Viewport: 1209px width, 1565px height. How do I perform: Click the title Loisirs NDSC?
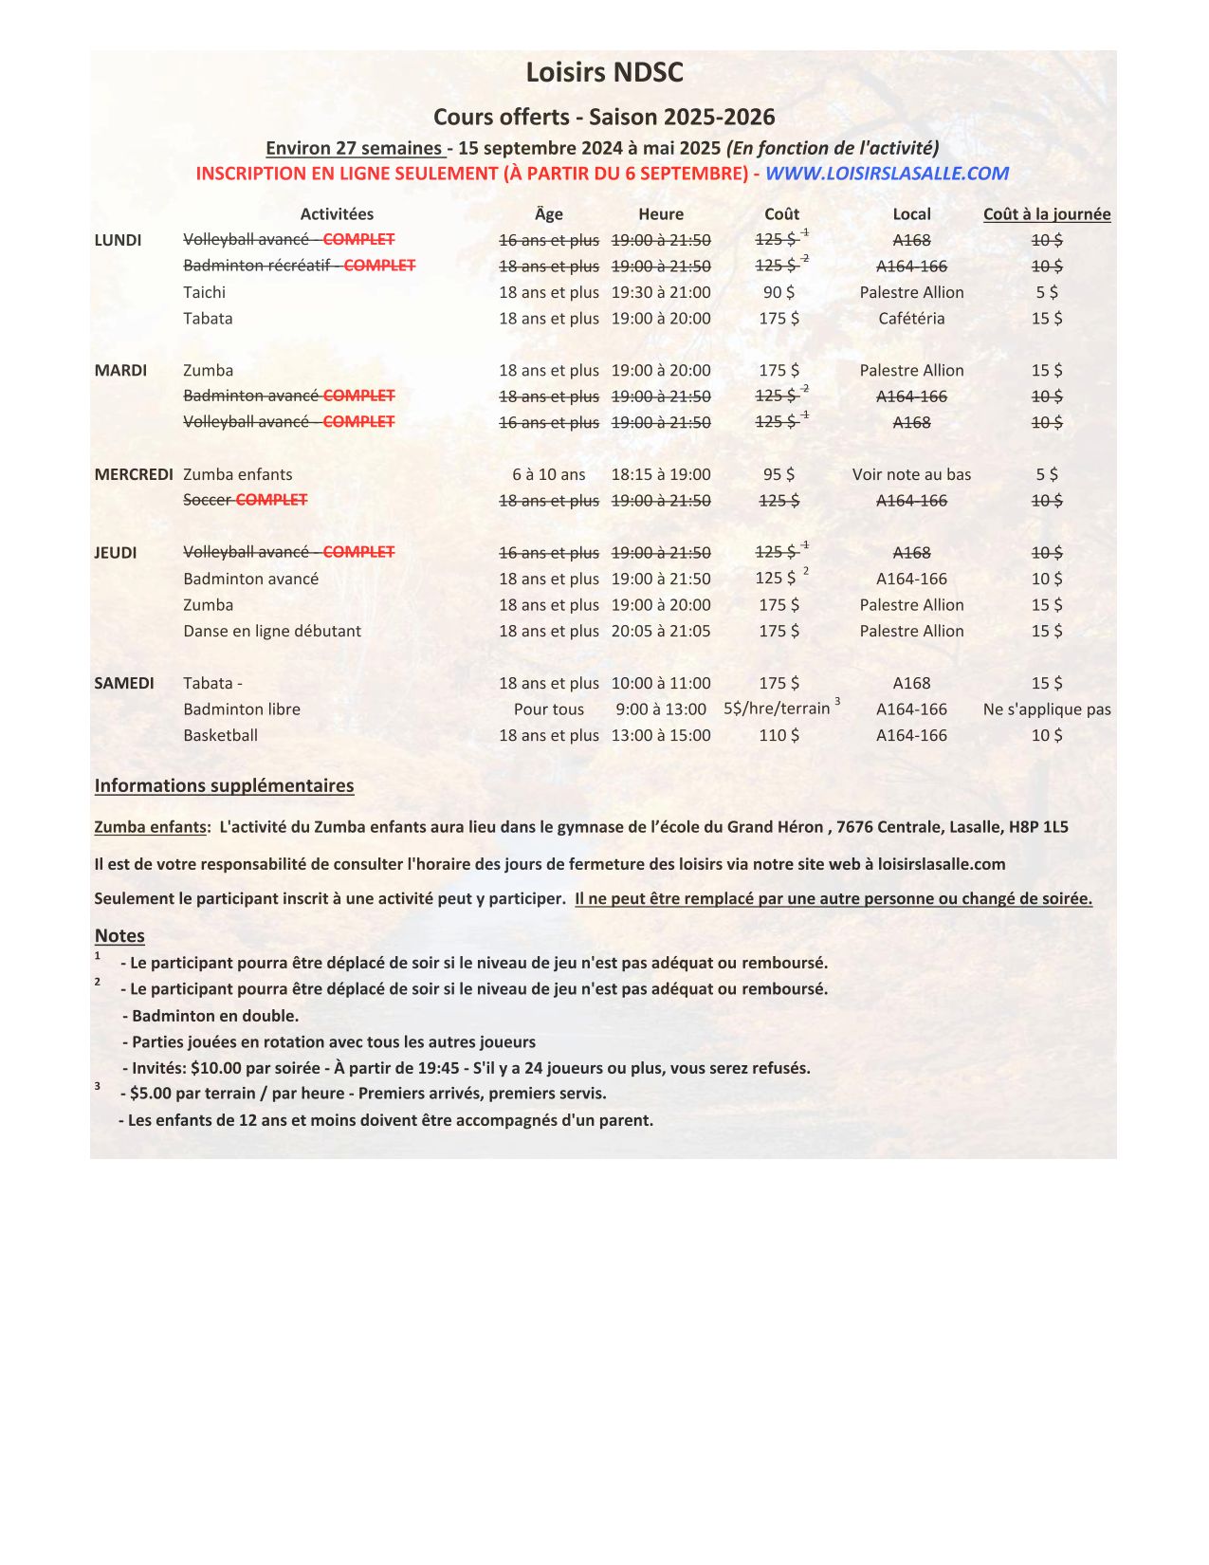(604, 73)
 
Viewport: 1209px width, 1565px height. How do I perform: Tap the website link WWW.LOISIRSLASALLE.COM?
(887, 174)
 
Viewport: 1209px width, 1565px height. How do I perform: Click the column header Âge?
(548, 214)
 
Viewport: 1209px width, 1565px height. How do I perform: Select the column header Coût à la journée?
(1046, 214)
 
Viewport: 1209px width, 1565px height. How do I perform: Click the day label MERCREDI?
(134, 474)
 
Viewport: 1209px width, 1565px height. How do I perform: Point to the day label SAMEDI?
(124, 683)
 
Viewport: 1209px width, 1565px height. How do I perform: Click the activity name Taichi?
(205, 292)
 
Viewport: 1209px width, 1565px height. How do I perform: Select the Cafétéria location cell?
(911, 319)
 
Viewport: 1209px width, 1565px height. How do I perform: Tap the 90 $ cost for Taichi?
(779, 292)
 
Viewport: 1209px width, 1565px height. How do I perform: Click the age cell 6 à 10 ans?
(549, 474)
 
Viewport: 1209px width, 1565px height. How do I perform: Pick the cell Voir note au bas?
(911, 474)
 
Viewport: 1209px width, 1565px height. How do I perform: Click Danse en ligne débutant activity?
(272, 631)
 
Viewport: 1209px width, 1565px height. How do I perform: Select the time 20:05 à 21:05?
(661, 631)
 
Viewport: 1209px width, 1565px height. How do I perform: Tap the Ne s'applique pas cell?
(1047, 709)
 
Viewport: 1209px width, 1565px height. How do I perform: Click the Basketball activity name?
(221, 735)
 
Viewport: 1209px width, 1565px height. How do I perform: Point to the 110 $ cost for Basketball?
(779, 735)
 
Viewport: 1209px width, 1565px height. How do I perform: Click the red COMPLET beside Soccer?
(272, 500)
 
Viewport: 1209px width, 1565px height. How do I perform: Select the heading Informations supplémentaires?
(224, 785)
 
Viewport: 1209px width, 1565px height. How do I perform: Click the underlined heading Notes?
(119, 936)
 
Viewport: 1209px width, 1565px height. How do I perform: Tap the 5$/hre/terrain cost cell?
(777, 709)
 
